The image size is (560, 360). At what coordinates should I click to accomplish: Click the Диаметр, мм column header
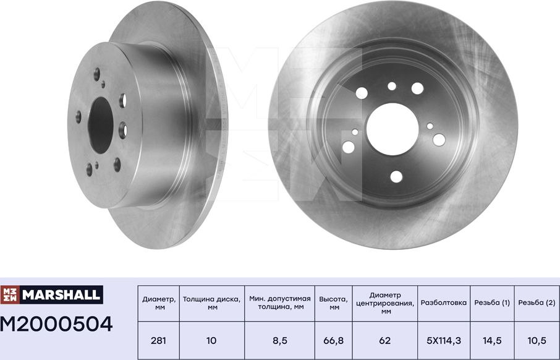tap(159, 302)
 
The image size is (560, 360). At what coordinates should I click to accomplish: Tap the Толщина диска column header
tap(212, 302)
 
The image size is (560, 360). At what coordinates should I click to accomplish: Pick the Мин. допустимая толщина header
tap(279, 302)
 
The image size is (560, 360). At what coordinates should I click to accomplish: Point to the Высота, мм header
tap(334, 302)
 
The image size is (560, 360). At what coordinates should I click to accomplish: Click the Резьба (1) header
tap(492, 303)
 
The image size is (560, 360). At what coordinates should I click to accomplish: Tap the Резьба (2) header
tap(537, 303)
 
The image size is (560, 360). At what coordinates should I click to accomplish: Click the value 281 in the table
tap(159, 340)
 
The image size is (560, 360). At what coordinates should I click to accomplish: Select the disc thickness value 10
tap(212, 340)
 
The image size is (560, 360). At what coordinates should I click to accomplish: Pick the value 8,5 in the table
tap(279, 340)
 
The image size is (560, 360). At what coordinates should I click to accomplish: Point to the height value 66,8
tap(334, 340)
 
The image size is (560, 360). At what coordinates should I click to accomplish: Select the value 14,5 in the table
tap(492, 340)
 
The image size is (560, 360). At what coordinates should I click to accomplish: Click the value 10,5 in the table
tap(537, 340)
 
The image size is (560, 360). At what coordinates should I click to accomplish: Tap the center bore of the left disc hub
tap(99, 124)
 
